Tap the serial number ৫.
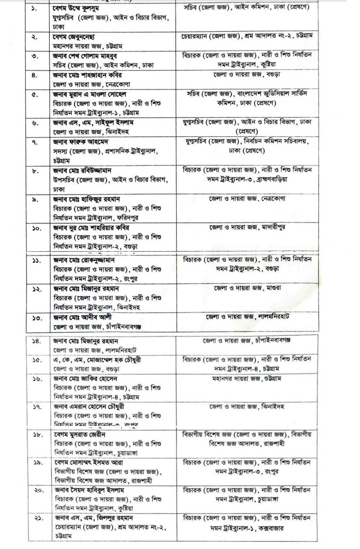[35, 95]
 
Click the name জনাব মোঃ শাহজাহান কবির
[86, 75]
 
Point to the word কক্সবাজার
[286, 526]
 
